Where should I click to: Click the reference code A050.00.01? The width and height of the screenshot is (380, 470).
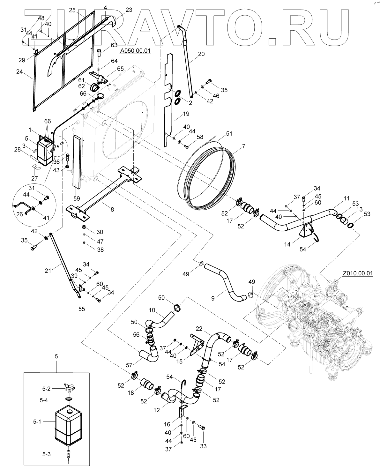[135, 51]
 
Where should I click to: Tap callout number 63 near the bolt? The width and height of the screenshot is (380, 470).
[114, 45]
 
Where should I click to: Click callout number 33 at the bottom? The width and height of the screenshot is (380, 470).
[203, 446]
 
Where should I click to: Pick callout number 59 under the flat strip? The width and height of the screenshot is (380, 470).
[77, 198]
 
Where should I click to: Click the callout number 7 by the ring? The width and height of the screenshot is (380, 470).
[243, 146]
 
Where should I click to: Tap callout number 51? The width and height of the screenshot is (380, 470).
[229, 133]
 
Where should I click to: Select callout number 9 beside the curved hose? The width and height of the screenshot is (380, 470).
[213, 299]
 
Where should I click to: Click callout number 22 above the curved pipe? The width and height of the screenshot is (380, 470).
[199, 329]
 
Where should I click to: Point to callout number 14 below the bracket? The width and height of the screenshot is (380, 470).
[287, 244]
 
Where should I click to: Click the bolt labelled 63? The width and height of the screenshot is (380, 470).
[99, 53]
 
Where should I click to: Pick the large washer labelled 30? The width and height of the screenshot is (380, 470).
[84, 227]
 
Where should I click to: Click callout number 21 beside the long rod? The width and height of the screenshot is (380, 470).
[48, 271]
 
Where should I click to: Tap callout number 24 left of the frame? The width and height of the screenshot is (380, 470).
[20, 71]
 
